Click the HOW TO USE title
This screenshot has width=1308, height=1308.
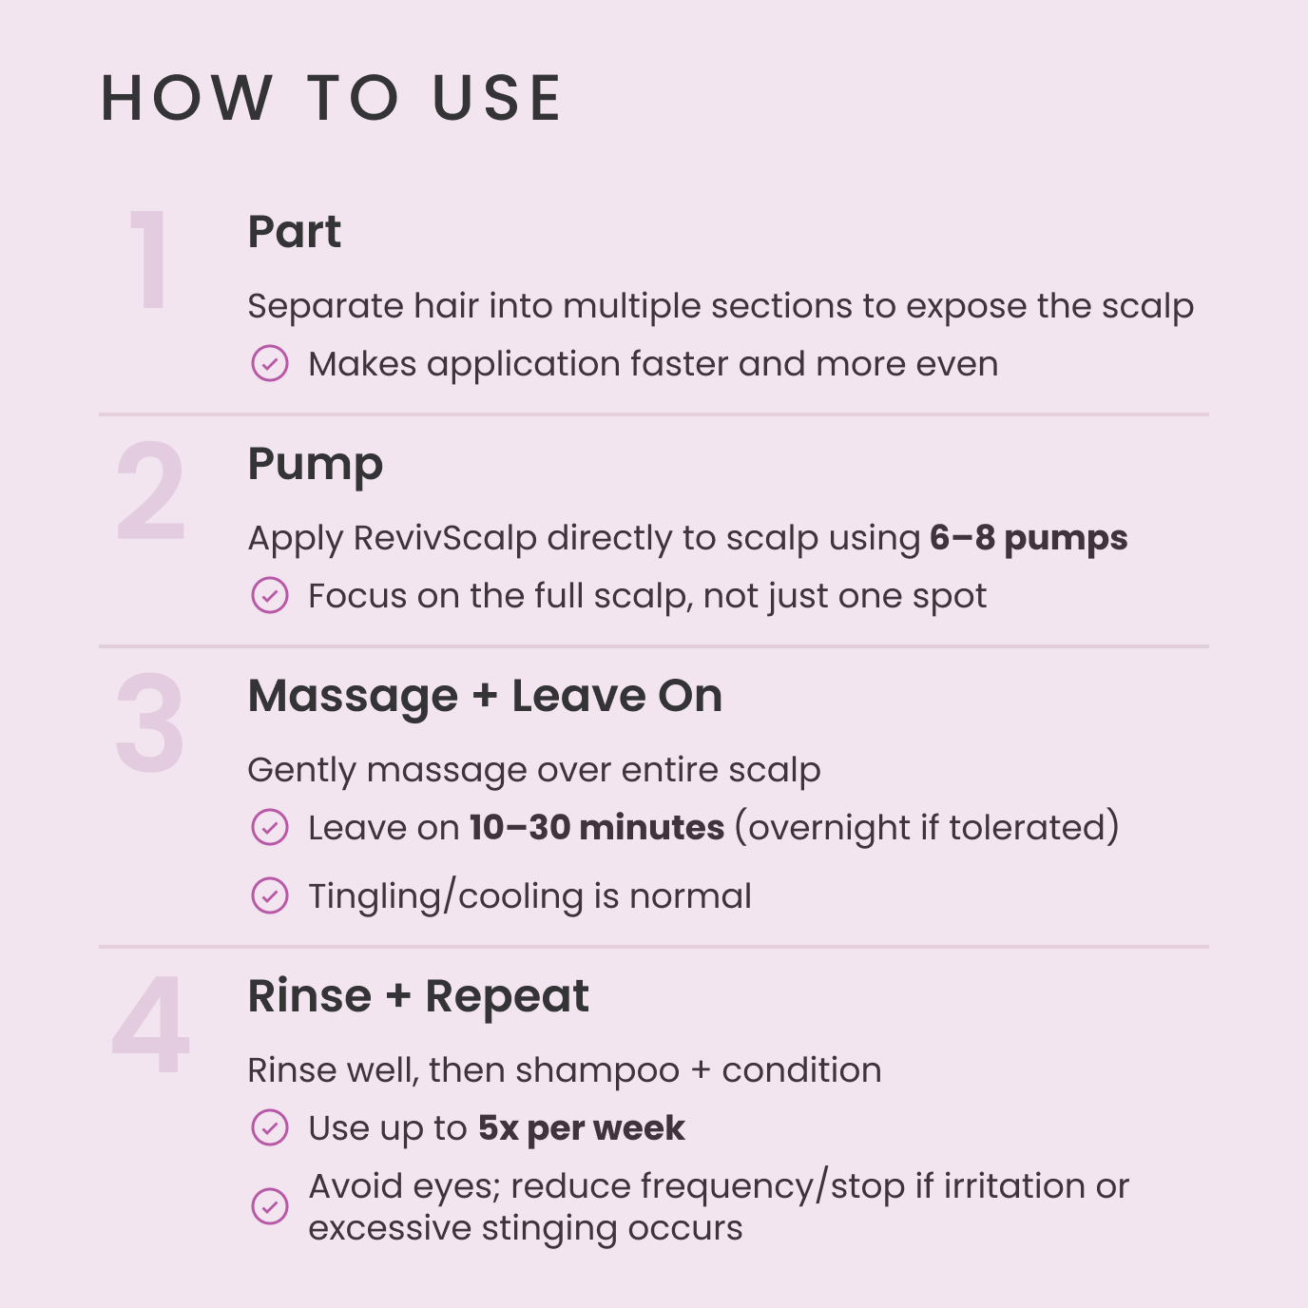(x=332, y=98)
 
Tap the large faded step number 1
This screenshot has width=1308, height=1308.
(x=150, y=260)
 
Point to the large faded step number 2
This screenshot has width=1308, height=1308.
(x=150, y=491)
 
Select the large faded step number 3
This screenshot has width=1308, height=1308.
(x=149, y=723)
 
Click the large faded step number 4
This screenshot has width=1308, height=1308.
(x=151, y=1025)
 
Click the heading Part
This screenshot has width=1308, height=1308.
(x=294, y=232)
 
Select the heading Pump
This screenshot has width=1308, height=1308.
(x=315, y=465)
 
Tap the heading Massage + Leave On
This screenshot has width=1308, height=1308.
(x=485, y=696)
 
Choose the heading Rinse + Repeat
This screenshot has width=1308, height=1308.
(x=418, y=996)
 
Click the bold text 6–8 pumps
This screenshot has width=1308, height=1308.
(x=1029, y=538)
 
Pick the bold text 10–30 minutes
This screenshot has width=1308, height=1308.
(x=597, y=827)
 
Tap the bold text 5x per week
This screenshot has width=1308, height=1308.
(x=581, y=1128)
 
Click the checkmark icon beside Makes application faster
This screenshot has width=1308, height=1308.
(x=270, y=363)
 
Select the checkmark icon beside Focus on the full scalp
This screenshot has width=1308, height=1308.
(x=270, y=596)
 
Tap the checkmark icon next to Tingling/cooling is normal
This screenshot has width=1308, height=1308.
(x=270, y=895)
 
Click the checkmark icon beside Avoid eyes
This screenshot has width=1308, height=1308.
(x=270, y=1206)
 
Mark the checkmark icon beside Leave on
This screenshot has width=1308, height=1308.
(x=270, y=827)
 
